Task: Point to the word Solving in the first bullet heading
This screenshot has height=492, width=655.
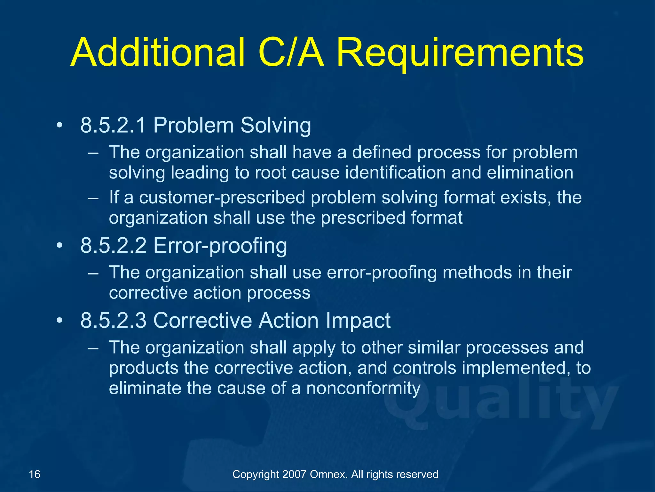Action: pos(276,126)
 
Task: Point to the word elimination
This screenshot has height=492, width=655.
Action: pos(530,173)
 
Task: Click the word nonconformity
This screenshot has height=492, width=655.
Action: pos(363,389)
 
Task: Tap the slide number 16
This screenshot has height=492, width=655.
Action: pos(35,474)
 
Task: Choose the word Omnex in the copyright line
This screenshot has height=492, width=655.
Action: pos(329,474)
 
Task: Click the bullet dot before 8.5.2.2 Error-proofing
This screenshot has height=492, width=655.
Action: pos(59,246)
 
